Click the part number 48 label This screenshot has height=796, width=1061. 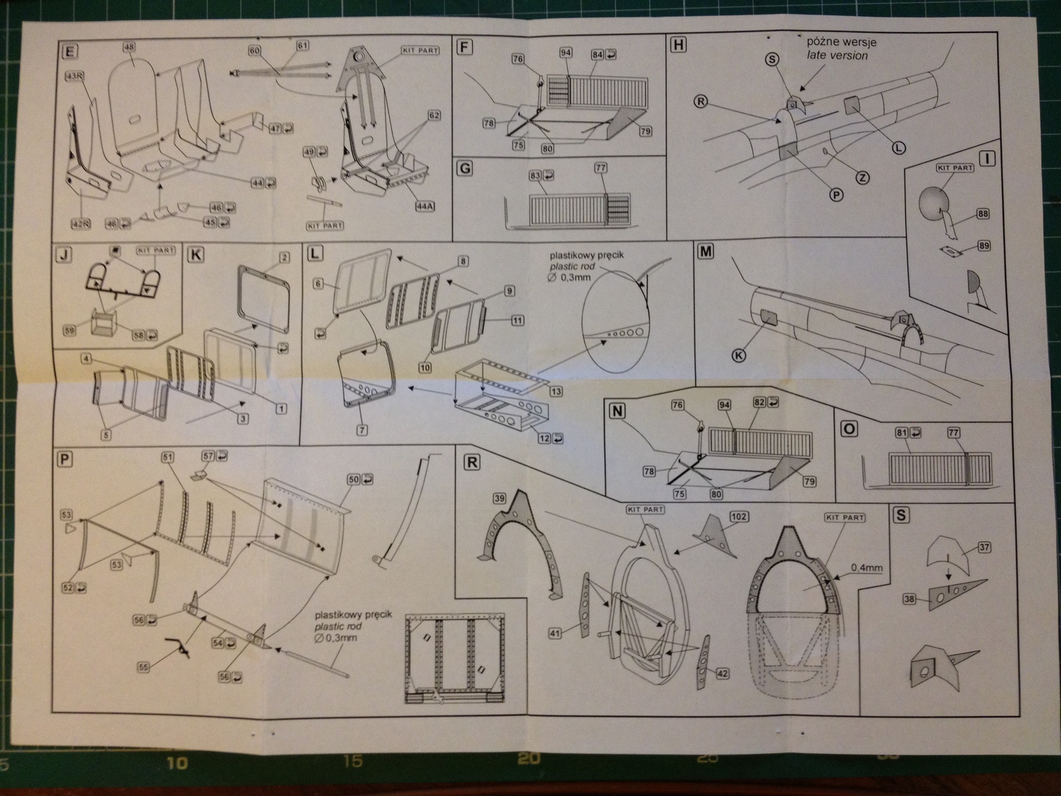click(x=129, y=46)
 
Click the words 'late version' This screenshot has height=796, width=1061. click(x=837, y=56)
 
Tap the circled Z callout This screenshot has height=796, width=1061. click(x=862, y=177)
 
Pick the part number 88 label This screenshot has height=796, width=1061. click(x=983, y=214)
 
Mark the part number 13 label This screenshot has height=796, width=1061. click(x=556, y=392)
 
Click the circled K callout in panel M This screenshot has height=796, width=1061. click(x=737, y=355)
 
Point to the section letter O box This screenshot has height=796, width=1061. click(x=847, y=429)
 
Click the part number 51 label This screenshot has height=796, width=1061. click(x=166, y=457)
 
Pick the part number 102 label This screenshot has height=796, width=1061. click(x=737, y=516)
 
